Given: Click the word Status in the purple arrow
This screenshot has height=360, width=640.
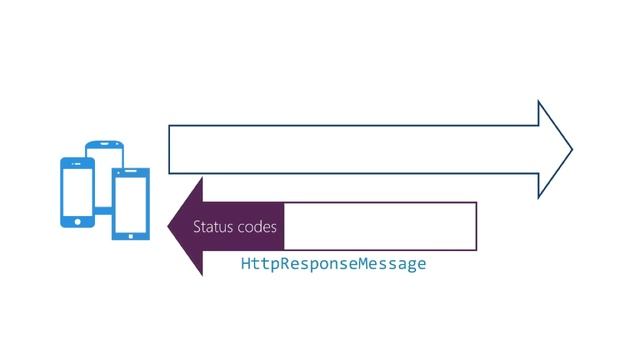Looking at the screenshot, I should [x=214, y=228].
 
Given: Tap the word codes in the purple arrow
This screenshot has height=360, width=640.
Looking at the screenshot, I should [x=257, y=228].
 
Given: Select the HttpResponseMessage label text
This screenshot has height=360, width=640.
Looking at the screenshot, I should [x=333, y=264].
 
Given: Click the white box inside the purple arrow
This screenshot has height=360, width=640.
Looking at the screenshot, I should [x=379, y=226].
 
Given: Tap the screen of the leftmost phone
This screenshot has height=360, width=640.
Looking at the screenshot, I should [x=77, y=189].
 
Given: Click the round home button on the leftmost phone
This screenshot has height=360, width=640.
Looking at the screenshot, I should [x=78, y=220].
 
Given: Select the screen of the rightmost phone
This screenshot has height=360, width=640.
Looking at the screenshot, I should [x=129, y=203].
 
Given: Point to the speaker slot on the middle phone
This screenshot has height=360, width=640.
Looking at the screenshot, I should [x=105, y=146].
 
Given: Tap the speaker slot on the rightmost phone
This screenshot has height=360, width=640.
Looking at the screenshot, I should [x=130, y=174].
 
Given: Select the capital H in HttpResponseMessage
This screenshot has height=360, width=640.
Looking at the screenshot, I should [x=246, y=264].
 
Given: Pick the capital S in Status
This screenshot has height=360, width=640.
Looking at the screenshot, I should [x=197, y=228].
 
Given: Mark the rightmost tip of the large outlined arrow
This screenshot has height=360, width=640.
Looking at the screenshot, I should [x=571, y=150].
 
